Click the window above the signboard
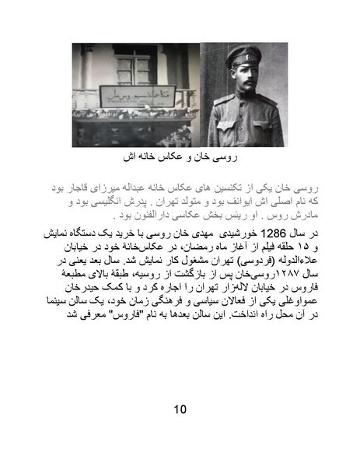point(135,67)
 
